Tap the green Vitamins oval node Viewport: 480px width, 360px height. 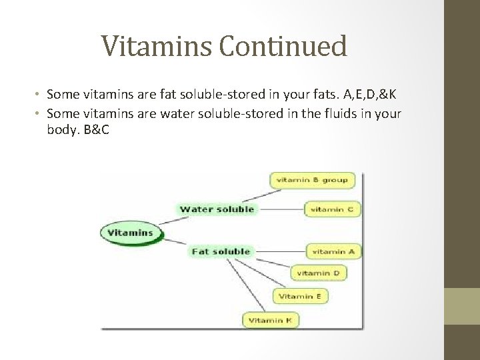click(131, 233)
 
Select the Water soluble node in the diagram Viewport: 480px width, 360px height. click(217, 209)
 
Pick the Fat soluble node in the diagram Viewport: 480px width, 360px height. click(221, 251)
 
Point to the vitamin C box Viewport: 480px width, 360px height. click(333, 209)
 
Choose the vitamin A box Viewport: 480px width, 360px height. click(333, 251)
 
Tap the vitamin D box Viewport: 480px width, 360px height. click(318, 273)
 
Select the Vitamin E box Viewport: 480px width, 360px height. click(300, 296)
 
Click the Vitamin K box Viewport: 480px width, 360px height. click(270, 321)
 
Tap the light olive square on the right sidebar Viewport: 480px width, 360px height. click(461, 306)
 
